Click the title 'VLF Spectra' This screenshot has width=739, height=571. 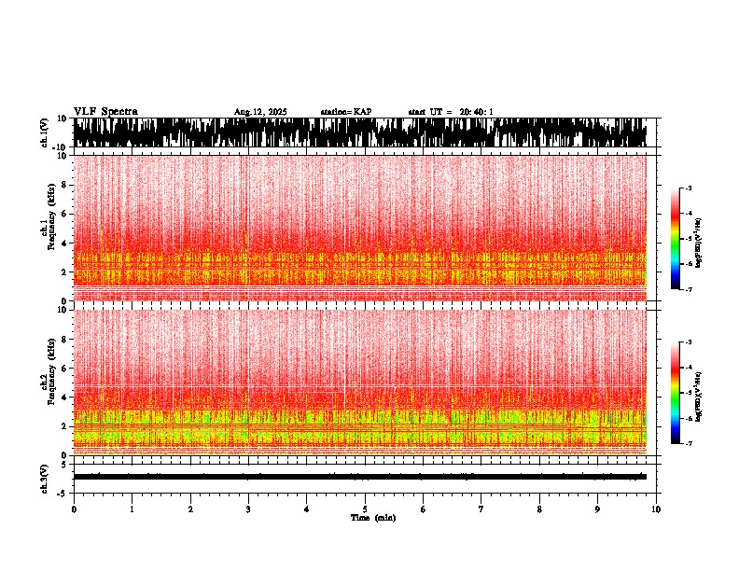(x=105, y=112)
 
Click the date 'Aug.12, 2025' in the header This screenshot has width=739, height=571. (x=260, y=112)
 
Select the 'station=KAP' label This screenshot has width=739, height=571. (x=345, y=112)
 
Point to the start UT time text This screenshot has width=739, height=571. (x=451, y=112)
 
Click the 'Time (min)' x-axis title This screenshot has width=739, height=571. (x=372, y=518)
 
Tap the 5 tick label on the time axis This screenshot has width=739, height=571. (x=365, y=509)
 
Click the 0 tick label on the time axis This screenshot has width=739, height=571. (x=74, y=509)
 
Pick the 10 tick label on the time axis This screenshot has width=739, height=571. (x=656, y=509)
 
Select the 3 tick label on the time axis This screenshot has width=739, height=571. (x=248, y=509)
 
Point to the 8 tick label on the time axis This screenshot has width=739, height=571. (x=539, y=509)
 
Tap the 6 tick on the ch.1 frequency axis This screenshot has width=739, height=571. (x=63, y=214)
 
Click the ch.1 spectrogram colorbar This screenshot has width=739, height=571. (x=676, y=239)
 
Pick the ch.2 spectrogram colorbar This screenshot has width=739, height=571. (x=676, y=392)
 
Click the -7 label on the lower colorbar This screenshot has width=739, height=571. (x=688, y=443)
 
